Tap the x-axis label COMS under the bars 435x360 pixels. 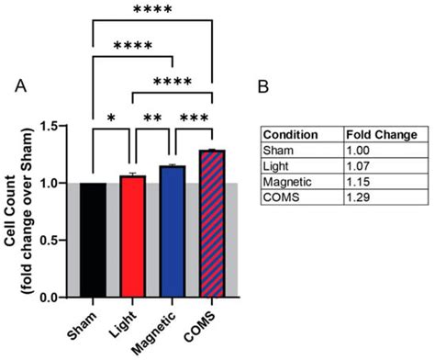pyautogui.click(x=207, y=322)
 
